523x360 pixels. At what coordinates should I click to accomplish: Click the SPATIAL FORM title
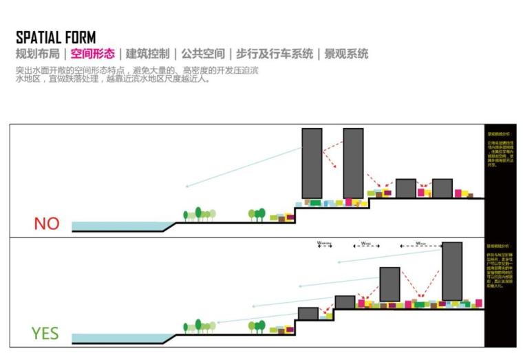coord(56,37)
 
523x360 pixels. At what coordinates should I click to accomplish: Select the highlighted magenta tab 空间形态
coord(92,54)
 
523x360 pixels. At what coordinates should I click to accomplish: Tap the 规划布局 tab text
coord(37,54)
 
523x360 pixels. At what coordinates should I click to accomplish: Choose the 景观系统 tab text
coord(346,54)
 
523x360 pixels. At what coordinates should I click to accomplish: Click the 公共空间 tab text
coord(203,54)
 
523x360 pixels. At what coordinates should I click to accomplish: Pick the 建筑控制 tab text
coord(147,54)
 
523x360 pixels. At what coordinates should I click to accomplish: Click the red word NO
coord(46,224)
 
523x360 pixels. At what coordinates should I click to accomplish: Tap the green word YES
coord(45,334)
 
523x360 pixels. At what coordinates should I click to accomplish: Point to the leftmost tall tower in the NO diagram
coord(312,163)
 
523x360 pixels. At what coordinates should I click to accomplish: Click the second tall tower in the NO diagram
coord(353,163)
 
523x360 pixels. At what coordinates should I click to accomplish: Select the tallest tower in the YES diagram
coord(452,271)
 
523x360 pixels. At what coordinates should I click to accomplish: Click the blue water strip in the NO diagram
coord(117,226)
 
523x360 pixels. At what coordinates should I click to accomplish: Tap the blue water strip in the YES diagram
coord(117,338)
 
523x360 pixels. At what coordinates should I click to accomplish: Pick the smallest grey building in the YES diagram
coord(308,314)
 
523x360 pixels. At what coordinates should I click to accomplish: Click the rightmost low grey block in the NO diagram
coord(442,188)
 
